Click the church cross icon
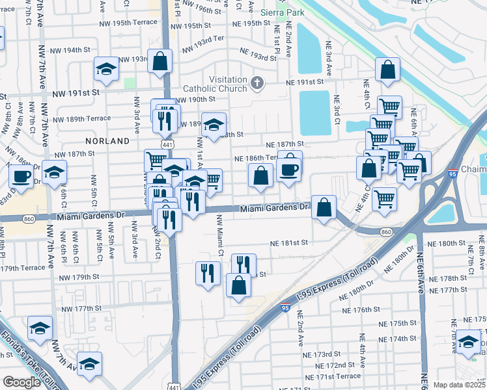pos(258,83)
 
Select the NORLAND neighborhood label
pos(107,140)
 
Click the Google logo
pos(21,382)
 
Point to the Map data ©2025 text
pos(460,385)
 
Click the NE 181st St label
pos(289,244)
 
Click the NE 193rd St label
pos(258,53)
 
